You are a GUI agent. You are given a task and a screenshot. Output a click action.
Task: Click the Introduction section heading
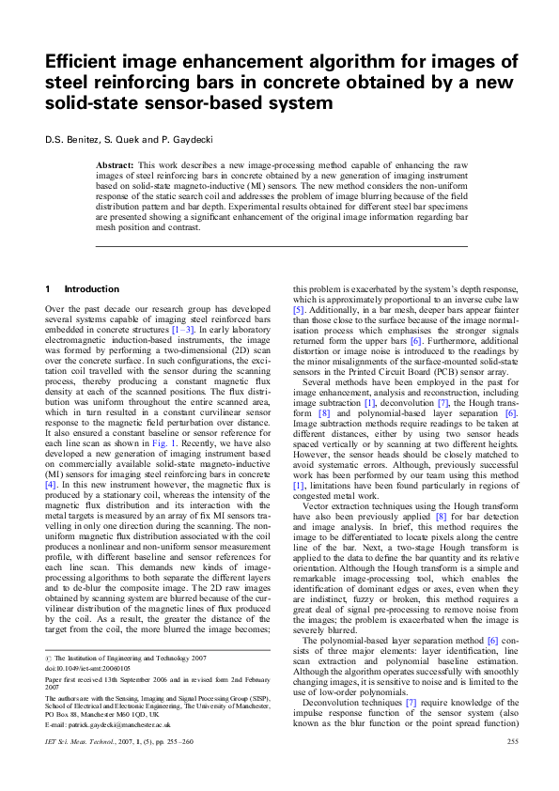point(91,288)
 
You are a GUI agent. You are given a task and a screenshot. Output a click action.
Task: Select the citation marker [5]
point(299,309)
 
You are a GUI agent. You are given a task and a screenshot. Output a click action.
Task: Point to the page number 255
point(512,768)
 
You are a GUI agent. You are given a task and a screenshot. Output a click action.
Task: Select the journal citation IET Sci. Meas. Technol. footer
point(80,768)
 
